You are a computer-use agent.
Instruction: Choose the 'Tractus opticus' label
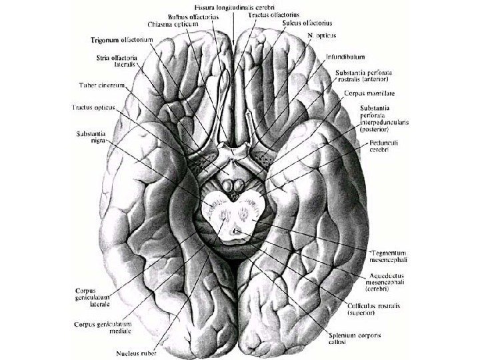click(94, 107)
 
